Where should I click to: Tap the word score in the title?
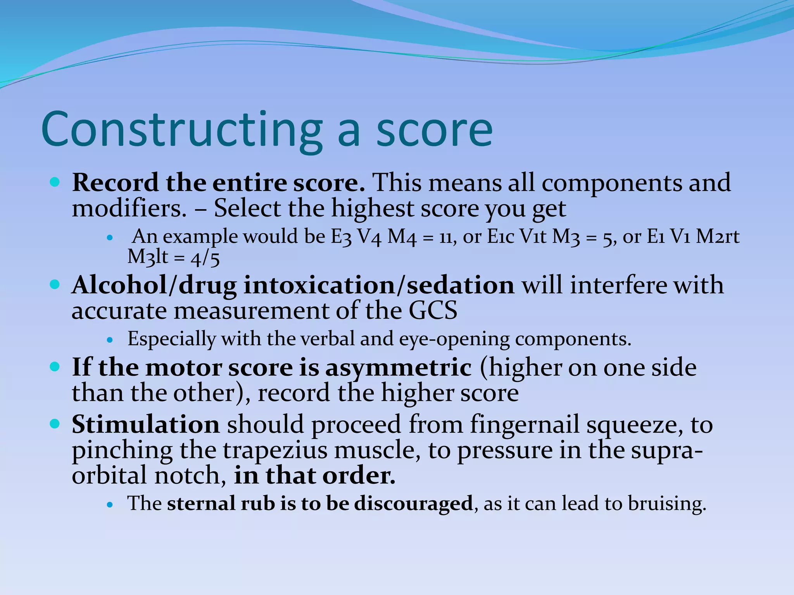tap(434, 130)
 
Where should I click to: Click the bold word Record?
tap(115, 182)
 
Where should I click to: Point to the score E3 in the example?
tap(341, 237)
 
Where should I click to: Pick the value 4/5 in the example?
tap(205, 258)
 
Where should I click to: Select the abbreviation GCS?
tap(433, 311)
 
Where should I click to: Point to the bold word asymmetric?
tap(398, 368)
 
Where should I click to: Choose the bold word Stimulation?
tap(146, 425)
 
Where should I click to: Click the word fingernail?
tap(525, 425)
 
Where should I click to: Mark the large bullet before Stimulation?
tap(55, 424)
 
